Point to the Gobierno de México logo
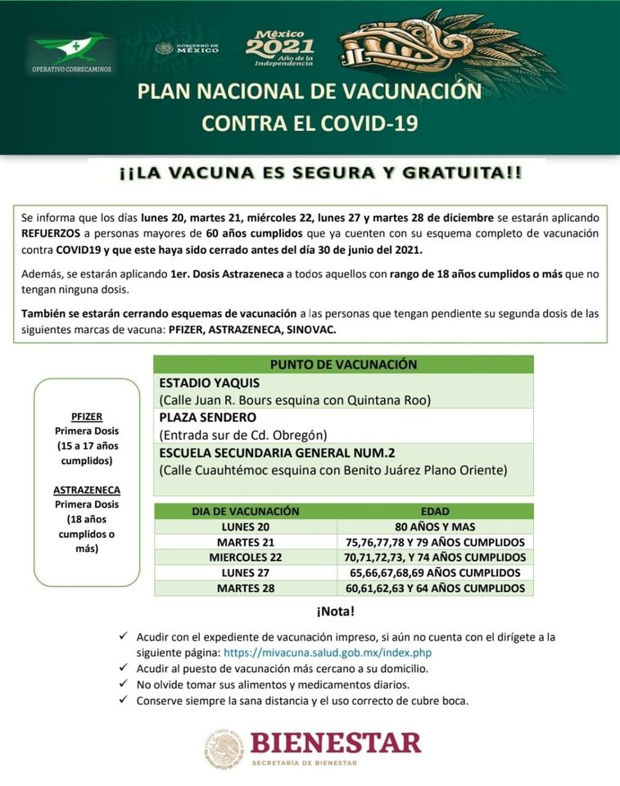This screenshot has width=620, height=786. tap(188, 48)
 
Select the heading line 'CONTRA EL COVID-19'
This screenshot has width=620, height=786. tap(310, 123)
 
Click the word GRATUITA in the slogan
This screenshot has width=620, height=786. tap(467, 174)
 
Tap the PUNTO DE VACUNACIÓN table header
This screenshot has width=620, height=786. tap(343, 364)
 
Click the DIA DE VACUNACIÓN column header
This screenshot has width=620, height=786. tap(246, 511)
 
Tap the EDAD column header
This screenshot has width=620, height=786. tap(434, 511)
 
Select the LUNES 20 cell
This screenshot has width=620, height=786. tap(246, 526)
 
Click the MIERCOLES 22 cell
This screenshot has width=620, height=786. tap(246, 557)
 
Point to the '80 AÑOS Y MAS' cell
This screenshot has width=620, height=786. tap(434, 526)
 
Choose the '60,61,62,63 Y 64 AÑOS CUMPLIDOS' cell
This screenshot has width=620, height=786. tap(434, 588)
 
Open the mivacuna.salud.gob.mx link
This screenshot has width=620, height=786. tap(327, 653)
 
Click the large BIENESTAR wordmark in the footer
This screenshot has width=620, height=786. tap(335, 743)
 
